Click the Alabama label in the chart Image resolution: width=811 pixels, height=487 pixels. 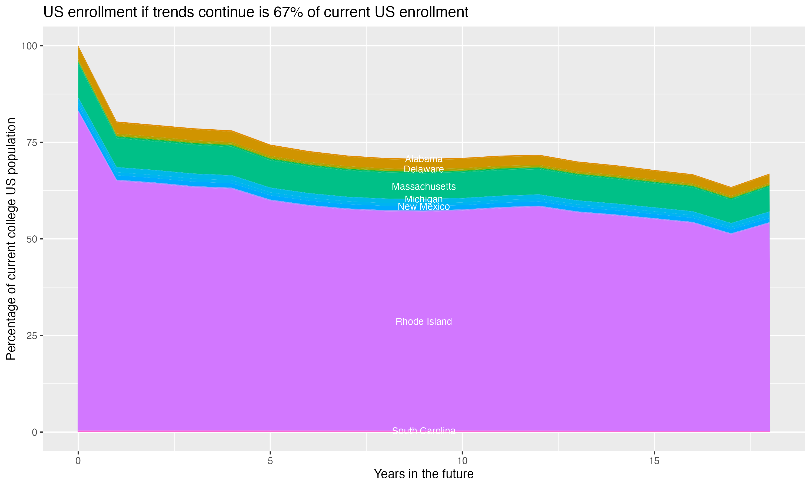pyautogui.click(x=424, y=159)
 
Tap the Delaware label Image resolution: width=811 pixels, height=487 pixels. pyautogui.click(x=424, y=169)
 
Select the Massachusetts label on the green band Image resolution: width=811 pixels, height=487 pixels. pyautogui.click(x=424, y=187)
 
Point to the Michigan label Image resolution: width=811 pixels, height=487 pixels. pyautogui.click(x=424, y=199)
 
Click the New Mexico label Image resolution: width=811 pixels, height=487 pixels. pyautogui.click(x=424, y=207)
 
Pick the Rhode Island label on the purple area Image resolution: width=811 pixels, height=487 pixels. pyautogui.click(x=424, y=322)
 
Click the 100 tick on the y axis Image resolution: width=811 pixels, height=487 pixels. pyautogui.click(x=29, y=46)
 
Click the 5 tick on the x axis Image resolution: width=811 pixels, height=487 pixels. pyautogui.click(x=270, y=461)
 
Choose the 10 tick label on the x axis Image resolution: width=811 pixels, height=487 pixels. pyautogui.click(x=462, y=461)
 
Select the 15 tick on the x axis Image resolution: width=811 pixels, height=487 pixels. pyautogui.click(x=654, y=461)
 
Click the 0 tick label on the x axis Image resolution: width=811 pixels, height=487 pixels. pyautogui.click(x=78, y=461)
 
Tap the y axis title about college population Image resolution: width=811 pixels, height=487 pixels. pyautogui.click(x=11, y=239)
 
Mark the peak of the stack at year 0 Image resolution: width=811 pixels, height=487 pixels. pyautogui.click(x=78, y=47)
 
